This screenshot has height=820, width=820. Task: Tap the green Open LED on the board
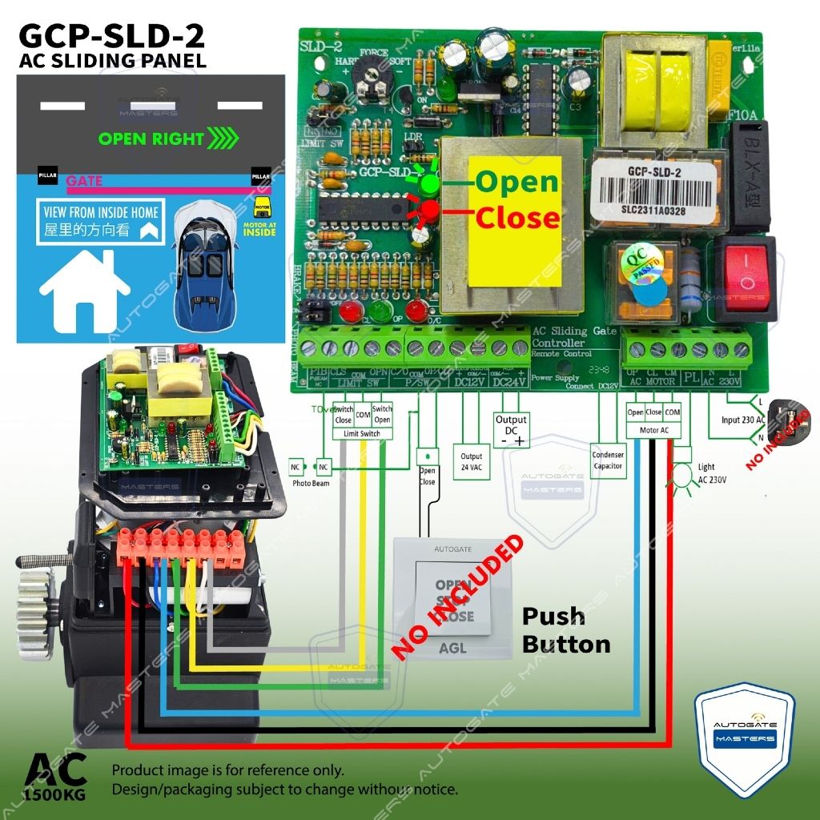[x=430, y=185]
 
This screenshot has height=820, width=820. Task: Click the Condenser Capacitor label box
[x=608, y=460]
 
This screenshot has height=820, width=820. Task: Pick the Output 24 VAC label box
[x=472, y=461]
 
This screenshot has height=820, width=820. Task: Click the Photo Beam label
[x=311, y=483]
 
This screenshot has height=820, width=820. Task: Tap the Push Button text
[x=565, y=630]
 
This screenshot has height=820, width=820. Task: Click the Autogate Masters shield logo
[x=744, y=737]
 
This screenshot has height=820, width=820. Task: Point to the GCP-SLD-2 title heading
[x=111, y=37]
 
